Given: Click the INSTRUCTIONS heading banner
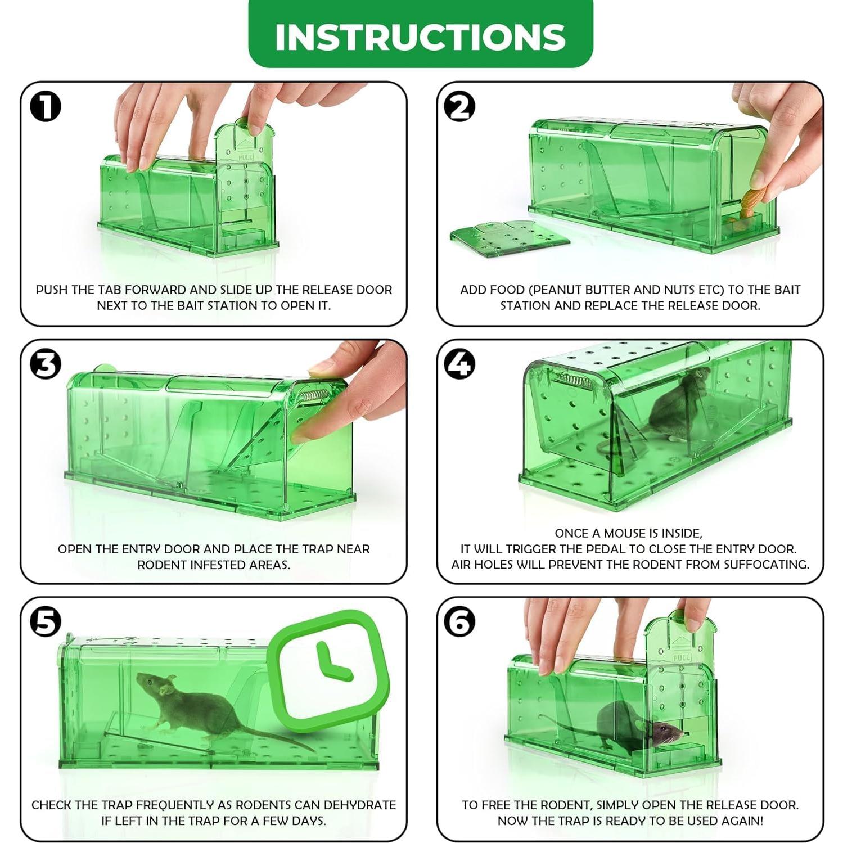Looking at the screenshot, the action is [x=421, y=35].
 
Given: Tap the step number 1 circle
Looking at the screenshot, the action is [x=46, y=106].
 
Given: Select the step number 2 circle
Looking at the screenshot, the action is [x=460, y=106].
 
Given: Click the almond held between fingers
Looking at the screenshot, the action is [x=750, y=205].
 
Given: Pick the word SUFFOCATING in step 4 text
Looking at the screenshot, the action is [x=766, y=564].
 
